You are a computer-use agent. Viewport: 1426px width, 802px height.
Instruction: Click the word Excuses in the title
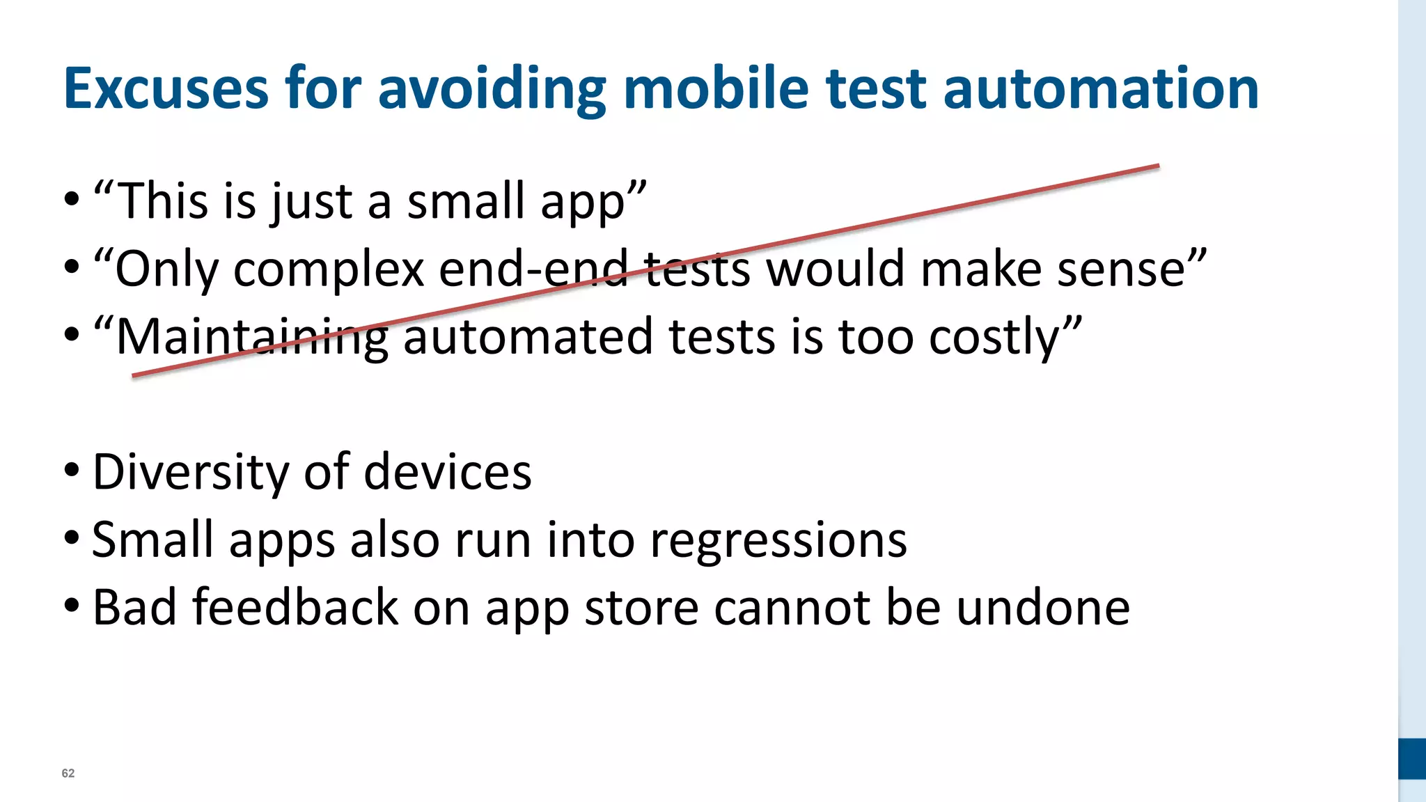(166, 88)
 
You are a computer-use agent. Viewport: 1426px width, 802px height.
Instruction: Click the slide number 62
(68, 773)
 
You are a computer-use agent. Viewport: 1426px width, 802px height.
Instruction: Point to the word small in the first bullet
(465, 201)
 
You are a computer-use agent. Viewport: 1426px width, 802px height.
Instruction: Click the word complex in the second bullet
(329, 269)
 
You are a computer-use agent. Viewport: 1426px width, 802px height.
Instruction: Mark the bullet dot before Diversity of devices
(72, 471)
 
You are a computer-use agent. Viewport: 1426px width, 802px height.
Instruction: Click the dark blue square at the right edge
(1411, 759)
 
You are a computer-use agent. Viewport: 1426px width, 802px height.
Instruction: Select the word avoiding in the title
(492, 88)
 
